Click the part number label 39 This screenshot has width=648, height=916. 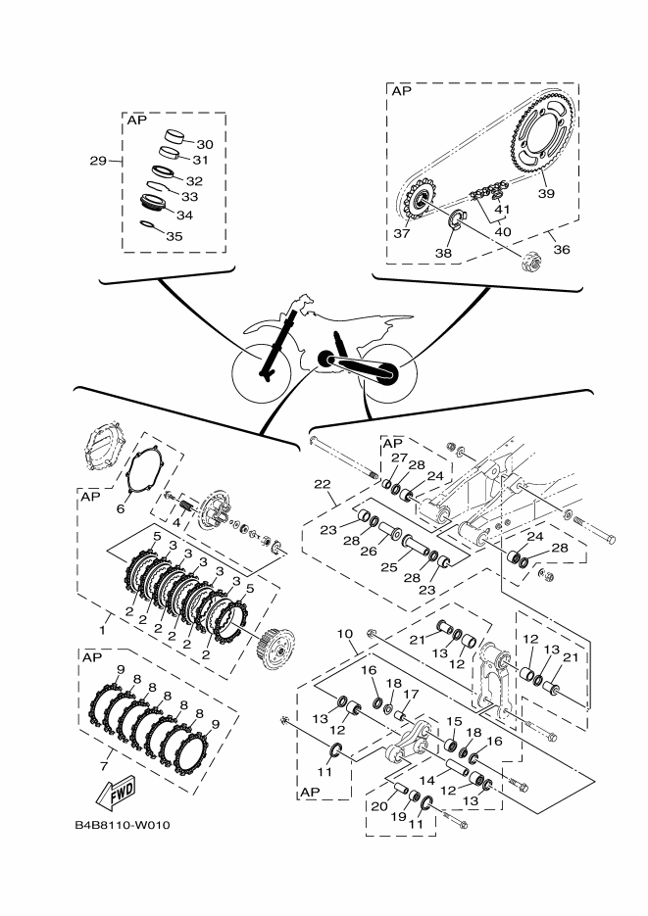coord(546,193)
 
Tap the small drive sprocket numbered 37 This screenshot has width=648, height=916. coord(419,204)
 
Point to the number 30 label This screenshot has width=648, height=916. coord(204,144)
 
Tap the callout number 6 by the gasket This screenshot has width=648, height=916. coord(122,509)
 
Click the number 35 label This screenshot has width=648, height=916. coord(174,236)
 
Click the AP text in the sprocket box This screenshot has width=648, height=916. coord(402,92)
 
